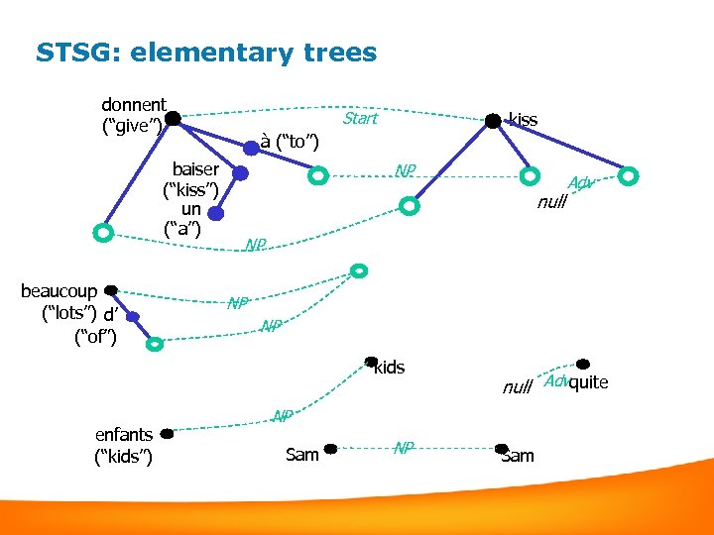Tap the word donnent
[134, 105]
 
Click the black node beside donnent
[174, 119]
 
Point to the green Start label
[359, 119]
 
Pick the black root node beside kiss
[492, 121]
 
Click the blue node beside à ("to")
[252, 147]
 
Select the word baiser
[195, 169]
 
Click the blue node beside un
[216, 213]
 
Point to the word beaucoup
[59, 291]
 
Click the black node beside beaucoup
[111, 290]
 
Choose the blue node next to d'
[133, 317]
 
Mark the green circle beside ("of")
[154, 344]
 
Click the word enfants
[123, 434]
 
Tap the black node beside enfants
[167, 434]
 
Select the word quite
[589, 383]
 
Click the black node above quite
[583, 365]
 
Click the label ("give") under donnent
[134, 126]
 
